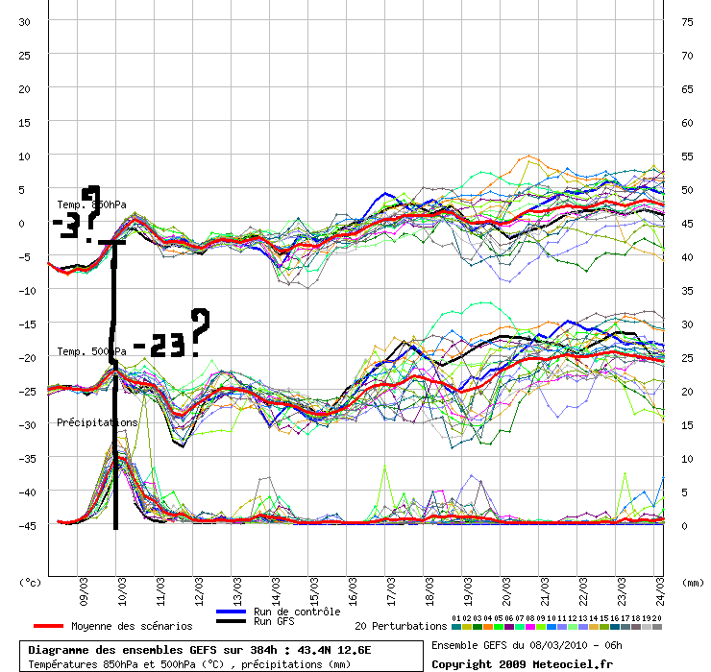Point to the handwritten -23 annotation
[159, 345]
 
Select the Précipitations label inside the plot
[97, 422]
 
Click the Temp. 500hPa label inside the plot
[90, 352]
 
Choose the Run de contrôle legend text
[297, 612]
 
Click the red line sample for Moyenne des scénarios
[47, 626]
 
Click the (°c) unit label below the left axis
[31, 582]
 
